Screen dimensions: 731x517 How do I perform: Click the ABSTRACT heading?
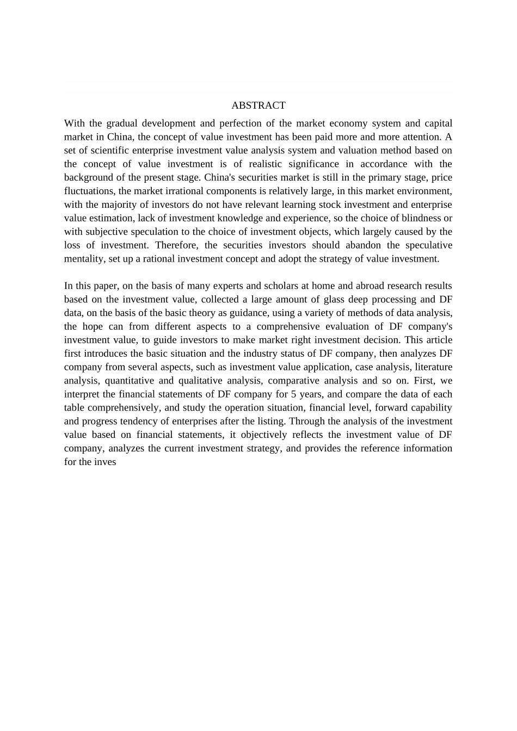pyautogui.click(x=258, y=106)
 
